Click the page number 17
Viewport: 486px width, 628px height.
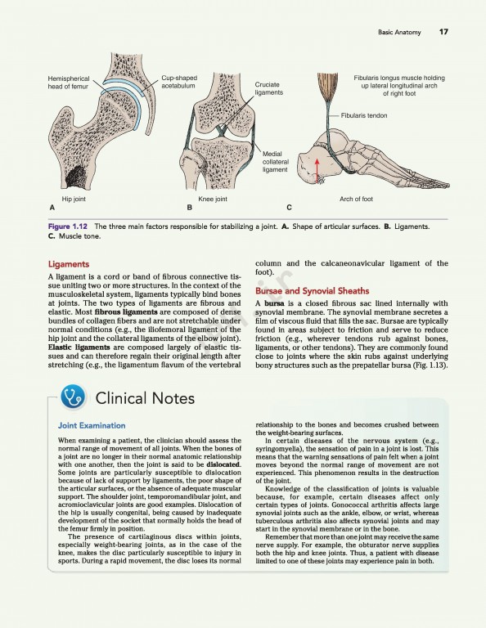[x=443, y=33]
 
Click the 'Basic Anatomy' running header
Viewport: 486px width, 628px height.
[x=399, y=33]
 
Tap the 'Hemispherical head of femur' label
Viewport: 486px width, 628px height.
[x=69, y=82]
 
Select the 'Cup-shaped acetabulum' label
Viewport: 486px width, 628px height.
[x=179, y=82]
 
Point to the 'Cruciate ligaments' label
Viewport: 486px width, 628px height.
[x=268, y=88]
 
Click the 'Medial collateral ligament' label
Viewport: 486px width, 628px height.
[x=275, y=162]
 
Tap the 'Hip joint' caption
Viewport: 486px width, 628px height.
[x=74, y=200]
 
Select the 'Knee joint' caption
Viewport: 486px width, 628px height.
[x=213, y=200]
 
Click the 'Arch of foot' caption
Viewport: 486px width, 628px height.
[x=356, y=200]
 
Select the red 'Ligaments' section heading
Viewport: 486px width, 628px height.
[x=69, y=264]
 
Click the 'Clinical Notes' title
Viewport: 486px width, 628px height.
[x=145, y=398]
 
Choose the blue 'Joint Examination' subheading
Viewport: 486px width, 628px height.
[x=91, y=425]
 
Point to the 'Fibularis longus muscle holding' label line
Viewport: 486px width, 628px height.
[x=398, y=77]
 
